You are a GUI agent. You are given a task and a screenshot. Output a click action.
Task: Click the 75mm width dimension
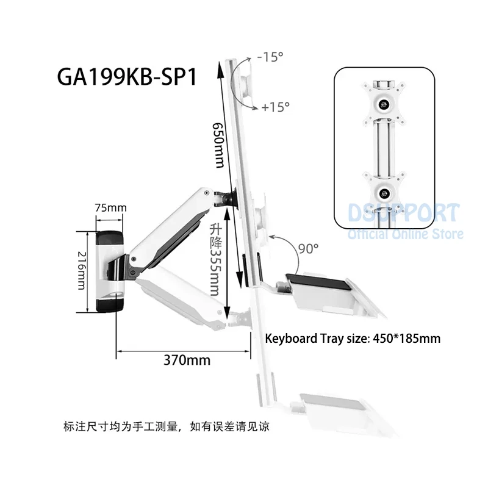[x=110, y=207]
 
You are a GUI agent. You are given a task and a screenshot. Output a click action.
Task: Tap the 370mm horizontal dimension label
[x=188, y=360]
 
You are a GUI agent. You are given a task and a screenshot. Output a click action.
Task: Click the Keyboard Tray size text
[x=353, y=338]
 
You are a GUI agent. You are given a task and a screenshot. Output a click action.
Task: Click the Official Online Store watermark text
[x=406, y=234]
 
